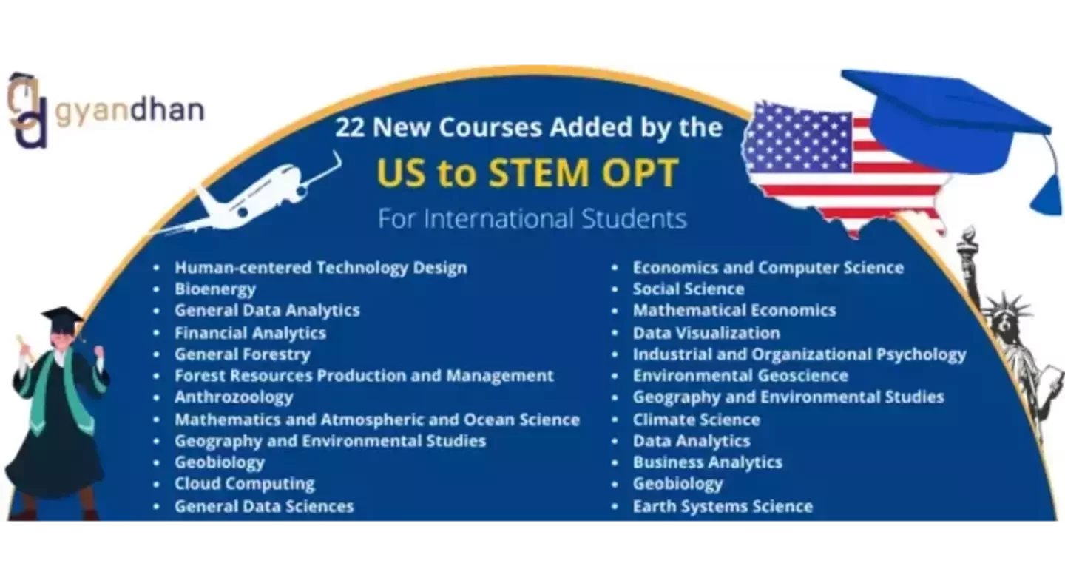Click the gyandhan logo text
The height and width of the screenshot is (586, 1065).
(129, 111)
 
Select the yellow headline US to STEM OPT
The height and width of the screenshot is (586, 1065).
(527, 172)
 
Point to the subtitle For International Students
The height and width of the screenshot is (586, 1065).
(532, 219)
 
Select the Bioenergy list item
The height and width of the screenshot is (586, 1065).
(214, 289)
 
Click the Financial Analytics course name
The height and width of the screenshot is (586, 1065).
(250, 333)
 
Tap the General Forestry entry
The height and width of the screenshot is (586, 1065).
(242, 354)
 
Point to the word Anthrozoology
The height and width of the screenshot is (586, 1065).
(234, 397)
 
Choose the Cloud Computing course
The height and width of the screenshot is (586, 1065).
(244, 484)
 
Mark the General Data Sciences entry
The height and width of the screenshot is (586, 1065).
(264, 507)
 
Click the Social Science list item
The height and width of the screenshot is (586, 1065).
(688, 289)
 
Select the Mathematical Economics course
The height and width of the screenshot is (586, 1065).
(734, 311)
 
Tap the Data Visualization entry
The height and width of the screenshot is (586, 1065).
(706, 333)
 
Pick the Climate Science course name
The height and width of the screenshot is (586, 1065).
(696, 420)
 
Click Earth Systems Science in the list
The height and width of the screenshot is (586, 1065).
(723, 507)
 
